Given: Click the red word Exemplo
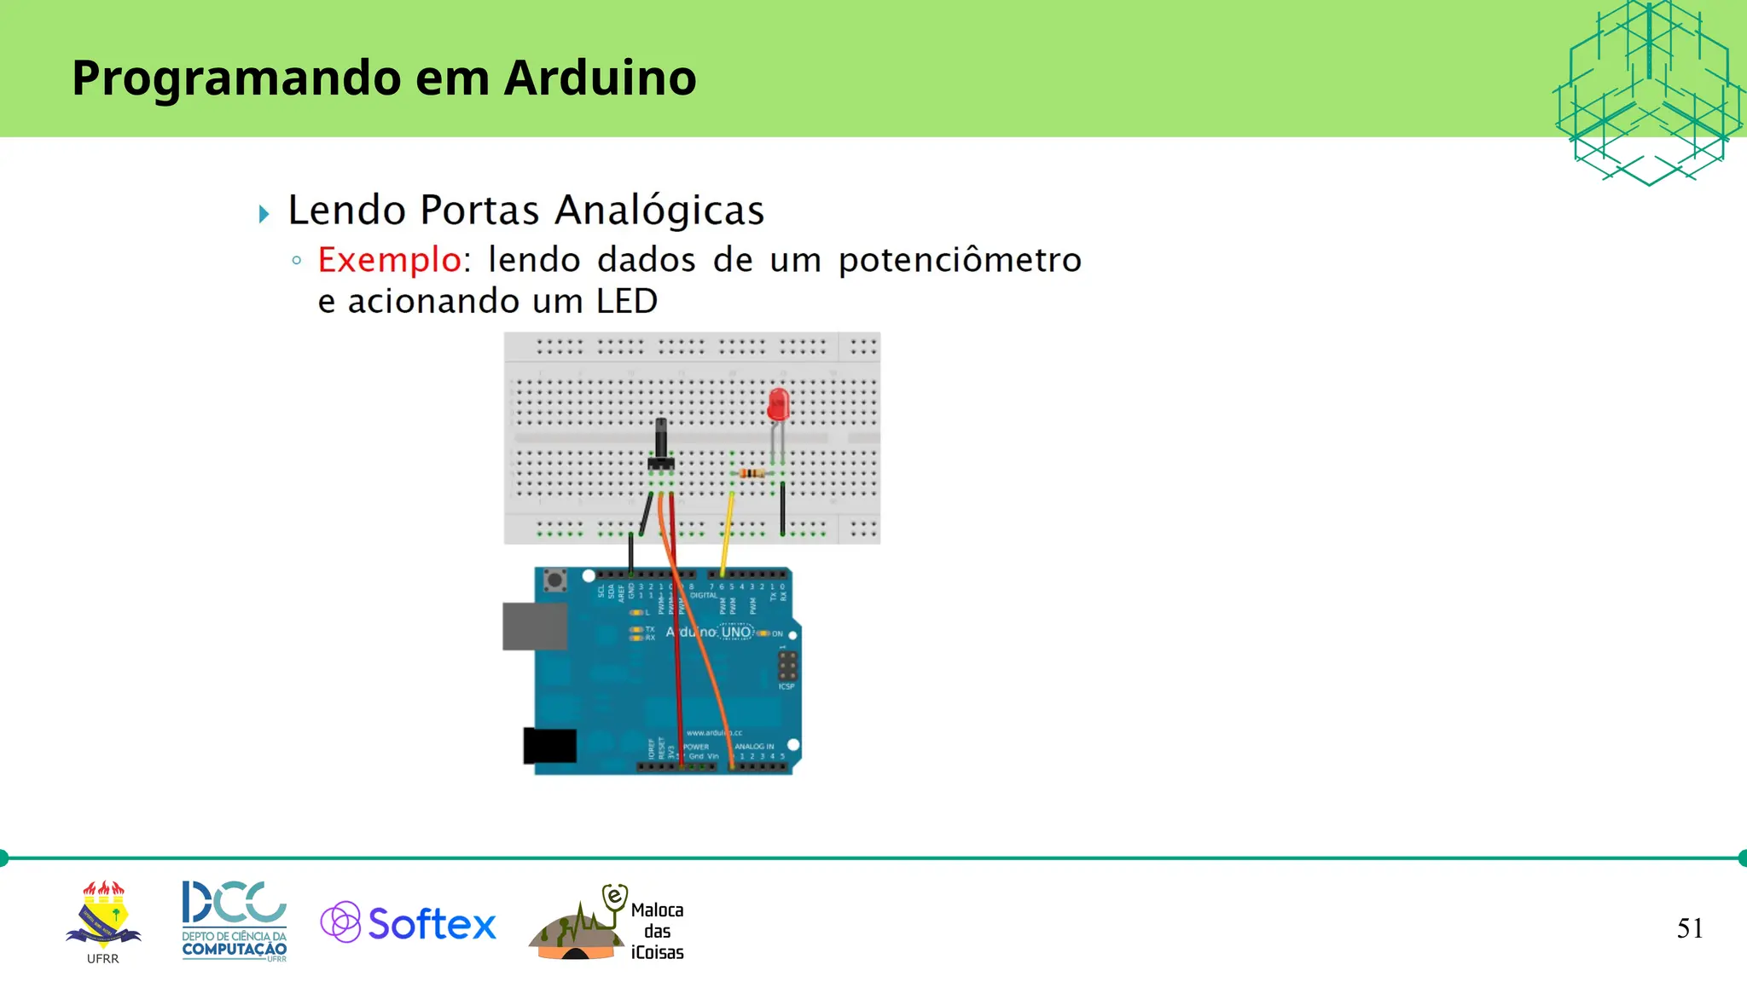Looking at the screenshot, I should pos(389,260).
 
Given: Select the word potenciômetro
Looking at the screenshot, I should pos(960,261).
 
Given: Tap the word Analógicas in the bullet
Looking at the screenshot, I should pos(659,211).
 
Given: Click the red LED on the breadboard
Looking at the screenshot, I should pos(778,404).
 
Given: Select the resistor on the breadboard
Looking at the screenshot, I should pos(752,473).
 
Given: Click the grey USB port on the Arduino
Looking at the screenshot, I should pos(534,626).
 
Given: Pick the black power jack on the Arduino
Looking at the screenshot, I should pos(549,746).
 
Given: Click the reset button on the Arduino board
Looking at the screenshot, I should pos(555,581).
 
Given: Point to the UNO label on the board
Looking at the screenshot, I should pos(736,633).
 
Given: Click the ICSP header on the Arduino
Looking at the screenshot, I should pos(786,666).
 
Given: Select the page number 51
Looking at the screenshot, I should pos(1689,928).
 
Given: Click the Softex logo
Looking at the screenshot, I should pos(408,923).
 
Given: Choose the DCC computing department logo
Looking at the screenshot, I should pos(235,920).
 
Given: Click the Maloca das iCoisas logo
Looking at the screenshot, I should pos(607,924).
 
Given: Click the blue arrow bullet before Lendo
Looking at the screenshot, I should pos(264,213).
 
